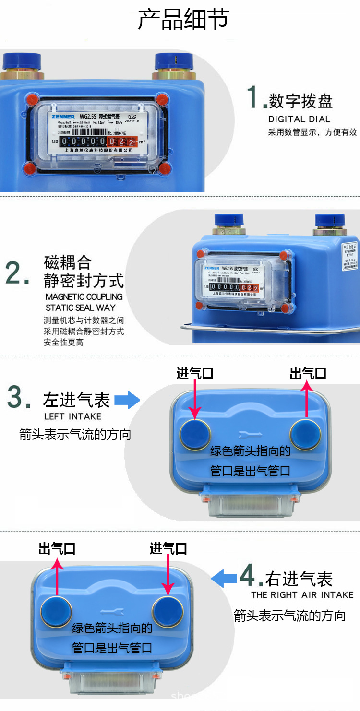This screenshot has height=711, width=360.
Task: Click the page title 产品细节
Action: click(183, 20)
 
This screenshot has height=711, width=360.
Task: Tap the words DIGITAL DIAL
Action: click(299, 119)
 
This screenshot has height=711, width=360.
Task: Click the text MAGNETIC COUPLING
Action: click(84, 297)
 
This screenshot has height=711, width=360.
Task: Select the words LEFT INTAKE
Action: click(72, 416)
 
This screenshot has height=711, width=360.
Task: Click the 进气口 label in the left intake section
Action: click(194, 373)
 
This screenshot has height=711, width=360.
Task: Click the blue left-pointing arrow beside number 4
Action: click(224, 578)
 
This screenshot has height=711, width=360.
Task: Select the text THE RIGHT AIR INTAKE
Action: click(302, 595)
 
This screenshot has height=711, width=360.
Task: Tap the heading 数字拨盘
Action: click(300, 101)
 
